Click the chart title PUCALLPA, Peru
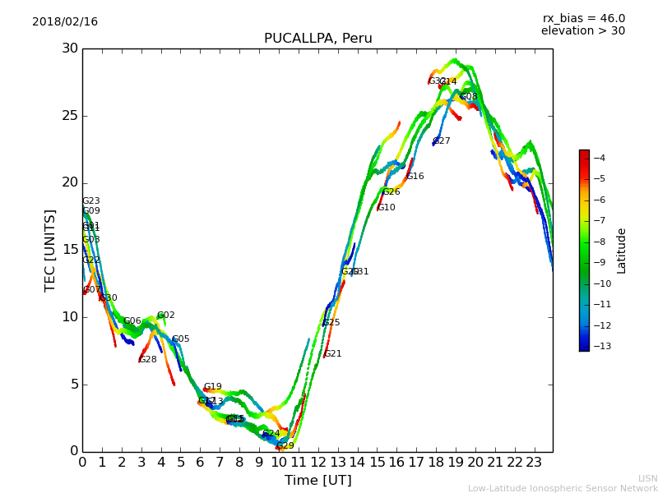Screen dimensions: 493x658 point(317,39)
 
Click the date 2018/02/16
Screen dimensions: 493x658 point(65,22)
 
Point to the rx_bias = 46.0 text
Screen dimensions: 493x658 point(583,19)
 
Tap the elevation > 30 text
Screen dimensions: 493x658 point(582,31)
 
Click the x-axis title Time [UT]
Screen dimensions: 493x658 point(317,481)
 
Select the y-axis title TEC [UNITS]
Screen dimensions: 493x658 point(50,250)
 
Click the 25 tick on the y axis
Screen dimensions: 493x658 point(70,116)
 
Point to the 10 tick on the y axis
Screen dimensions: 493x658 point(70,317)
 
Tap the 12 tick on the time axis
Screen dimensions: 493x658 point(317,462)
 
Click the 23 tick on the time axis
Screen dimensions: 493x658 point(534,462)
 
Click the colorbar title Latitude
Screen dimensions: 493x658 point(622,251)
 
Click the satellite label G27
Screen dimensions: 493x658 point(442,141)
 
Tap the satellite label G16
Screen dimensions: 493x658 point(415,177)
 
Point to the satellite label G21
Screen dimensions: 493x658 point(333,354)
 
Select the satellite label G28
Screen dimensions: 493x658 point(148,360)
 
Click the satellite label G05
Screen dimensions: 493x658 point(181,339)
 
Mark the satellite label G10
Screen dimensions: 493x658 point(387,208)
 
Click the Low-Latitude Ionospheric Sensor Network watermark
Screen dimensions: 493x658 point(563,488)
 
